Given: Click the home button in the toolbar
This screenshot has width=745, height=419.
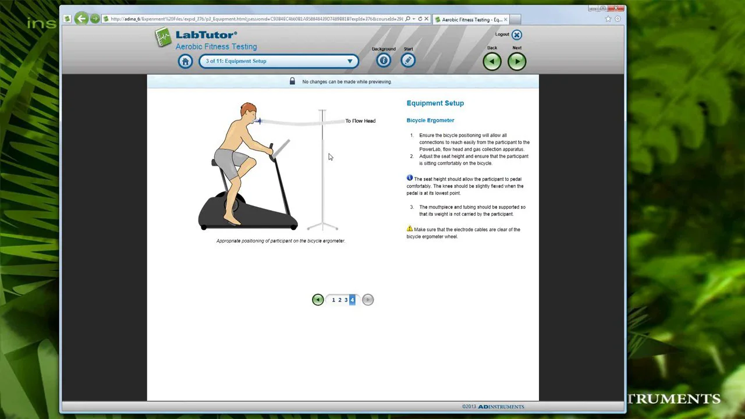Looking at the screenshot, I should [185, 61].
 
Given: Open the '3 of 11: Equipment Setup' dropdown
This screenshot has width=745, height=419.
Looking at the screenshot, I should [278, 61].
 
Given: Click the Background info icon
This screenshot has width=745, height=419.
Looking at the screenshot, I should [384, 61].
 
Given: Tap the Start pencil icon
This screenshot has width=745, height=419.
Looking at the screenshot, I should [408, 61].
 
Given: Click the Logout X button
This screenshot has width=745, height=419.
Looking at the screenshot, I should [517, 35].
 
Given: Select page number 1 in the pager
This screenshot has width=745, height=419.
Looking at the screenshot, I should [334, 300].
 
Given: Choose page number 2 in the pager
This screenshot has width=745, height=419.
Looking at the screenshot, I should [340, 300].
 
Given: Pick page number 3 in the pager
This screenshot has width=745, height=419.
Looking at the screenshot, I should [346, 300].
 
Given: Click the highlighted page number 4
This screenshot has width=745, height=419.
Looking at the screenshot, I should [352, 300].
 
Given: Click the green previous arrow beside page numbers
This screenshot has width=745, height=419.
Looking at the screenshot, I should [318, 300].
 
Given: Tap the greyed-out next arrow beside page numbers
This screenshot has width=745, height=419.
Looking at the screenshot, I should [368, 300].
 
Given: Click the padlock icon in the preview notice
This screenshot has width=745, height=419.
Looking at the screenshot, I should [292, 81].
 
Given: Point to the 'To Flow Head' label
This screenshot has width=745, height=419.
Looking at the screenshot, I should [360, 121].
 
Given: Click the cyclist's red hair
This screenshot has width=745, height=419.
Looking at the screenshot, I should [248, 108].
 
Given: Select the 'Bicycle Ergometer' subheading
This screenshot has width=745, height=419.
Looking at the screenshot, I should [430, 120].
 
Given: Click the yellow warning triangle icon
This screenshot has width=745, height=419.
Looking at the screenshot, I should [410, 229].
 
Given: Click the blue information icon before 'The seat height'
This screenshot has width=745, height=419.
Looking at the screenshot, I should [410, 178].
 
